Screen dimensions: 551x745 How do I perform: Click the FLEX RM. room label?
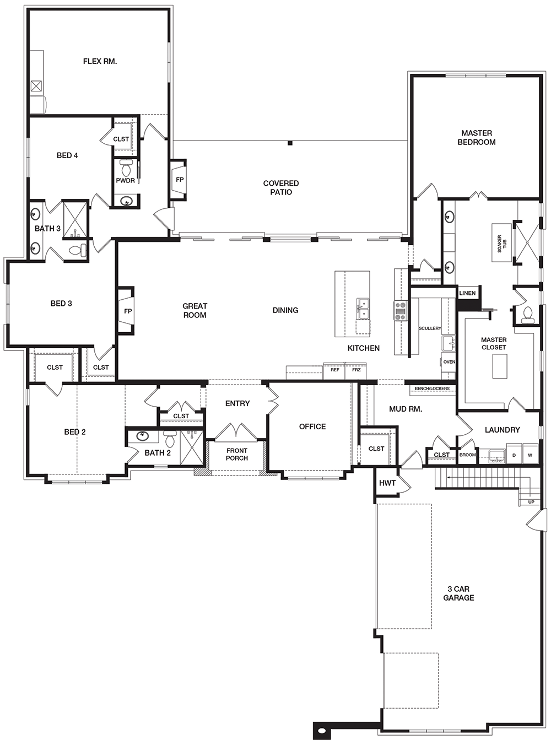pyautogui.click(x=100, y=62)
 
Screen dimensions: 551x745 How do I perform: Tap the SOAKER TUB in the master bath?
pyautogui.click(x=501, y=243)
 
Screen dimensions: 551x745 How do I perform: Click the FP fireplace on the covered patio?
pyautogui.click(x=179, y=180)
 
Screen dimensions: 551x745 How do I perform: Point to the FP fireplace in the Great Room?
pyautogui.click(x=127, y=311)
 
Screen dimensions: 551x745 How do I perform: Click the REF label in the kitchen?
pyautogui.click(x=334, y=370)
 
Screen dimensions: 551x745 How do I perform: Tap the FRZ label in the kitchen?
pyautogui.click(x=356, y=370)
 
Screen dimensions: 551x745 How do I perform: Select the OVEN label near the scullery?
pyautogui.click(x=449, y=361)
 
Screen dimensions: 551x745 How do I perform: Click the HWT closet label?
pyautogui.click(x=387, y=483)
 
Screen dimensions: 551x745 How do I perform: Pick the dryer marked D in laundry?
pyautogui.click(x=514, y=455)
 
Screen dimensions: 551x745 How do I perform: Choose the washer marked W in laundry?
pyautogui.click(x=530, y=455)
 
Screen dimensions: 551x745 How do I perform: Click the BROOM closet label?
pyautogui.click(x=467, y=455)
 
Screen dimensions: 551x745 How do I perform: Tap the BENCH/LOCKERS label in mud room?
pyautogui.click(x=432, y=388)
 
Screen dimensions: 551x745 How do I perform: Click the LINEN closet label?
pyautogui.click(x=467, y=293)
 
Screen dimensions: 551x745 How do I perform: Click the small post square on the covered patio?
pyautogui.click(x=290, y=143)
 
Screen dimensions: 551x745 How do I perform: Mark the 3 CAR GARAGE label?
pyautogui.click(x=458, y=593)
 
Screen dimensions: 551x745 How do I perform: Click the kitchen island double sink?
pyautogui.click(x=363, y=309)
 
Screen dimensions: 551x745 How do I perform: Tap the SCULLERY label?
pyautogui.click(x=430, y=328)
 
